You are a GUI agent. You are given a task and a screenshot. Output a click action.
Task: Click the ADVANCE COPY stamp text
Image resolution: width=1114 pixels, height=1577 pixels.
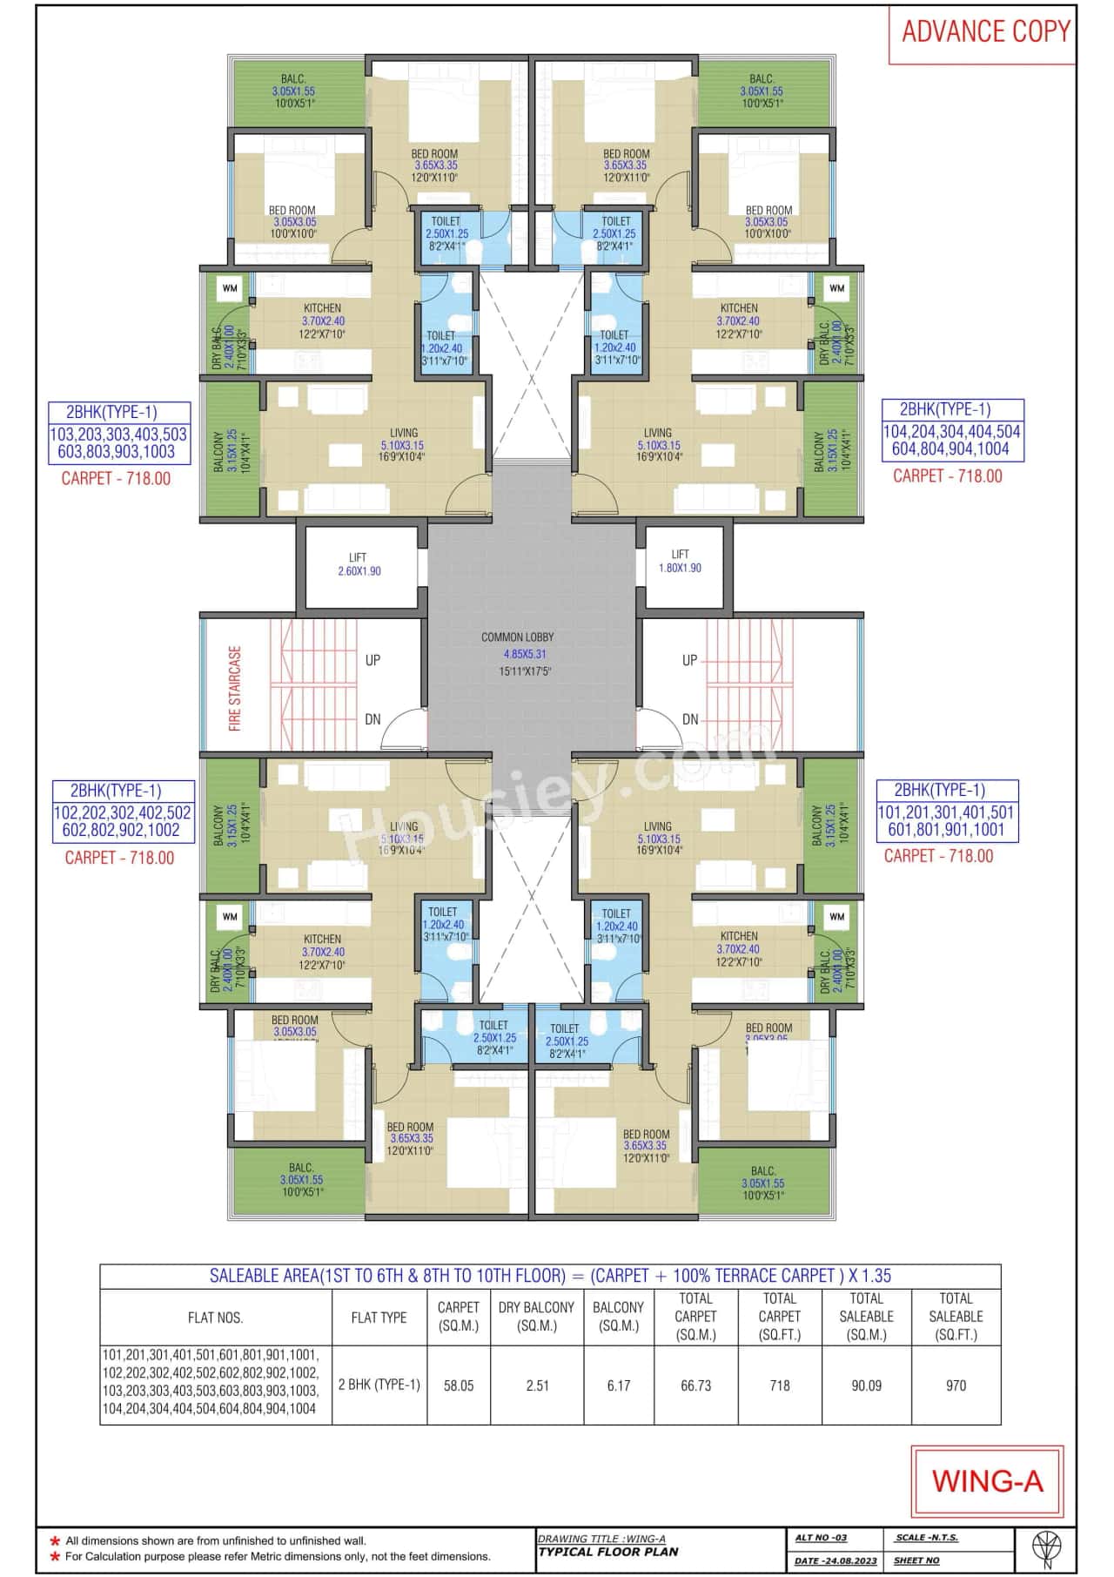[x=985, y=32]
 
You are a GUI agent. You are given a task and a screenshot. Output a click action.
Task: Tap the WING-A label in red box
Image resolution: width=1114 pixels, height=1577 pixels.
[x=987, y=1481]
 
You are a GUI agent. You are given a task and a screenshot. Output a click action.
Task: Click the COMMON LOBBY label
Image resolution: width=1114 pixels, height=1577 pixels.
[x=517, y=637]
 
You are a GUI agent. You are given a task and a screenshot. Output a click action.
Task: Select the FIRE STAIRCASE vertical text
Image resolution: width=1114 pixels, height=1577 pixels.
[x=235, y=688]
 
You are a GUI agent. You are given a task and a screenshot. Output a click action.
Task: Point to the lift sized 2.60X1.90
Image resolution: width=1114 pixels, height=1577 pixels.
[x=359, y=564]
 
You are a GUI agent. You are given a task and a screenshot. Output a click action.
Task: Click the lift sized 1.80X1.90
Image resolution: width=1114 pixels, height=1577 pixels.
[x=680, y=561]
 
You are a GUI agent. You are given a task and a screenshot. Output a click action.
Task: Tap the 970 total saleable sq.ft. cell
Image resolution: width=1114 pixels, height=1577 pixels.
[x=956, y=1385]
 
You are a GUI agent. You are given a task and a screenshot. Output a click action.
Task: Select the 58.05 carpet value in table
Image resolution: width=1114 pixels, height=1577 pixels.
[x=459, y=1385]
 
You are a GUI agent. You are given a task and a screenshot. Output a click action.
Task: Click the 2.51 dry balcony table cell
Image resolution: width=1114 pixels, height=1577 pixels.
[x=537, y=1385]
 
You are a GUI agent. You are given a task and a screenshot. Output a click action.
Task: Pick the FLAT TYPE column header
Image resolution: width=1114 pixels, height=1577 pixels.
[x=379, y=1318]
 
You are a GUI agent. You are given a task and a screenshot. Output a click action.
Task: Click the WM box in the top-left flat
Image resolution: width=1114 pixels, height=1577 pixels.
[x=230, y=288]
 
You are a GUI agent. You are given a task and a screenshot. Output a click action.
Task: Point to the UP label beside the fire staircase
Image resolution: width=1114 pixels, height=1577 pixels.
[x=372, y=660]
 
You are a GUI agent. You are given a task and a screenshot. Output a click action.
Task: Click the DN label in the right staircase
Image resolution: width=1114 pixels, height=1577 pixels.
[x=690, y=719]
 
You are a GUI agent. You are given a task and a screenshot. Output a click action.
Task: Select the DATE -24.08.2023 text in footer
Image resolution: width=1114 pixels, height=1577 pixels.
[x=835, y=1560]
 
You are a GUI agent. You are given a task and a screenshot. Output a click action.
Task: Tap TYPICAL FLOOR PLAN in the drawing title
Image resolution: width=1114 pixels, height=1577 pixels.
[x=608, y=1552]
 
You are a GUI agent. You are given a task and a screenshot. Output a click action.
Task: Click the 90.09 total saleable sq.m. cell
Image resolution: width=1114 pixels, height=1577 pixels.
[x=866, y=1385]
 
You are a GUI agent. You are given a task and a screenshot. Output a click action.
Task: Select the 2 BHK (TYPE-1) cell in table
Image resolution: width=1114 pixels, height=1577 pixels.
[x=379, y=1385]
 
